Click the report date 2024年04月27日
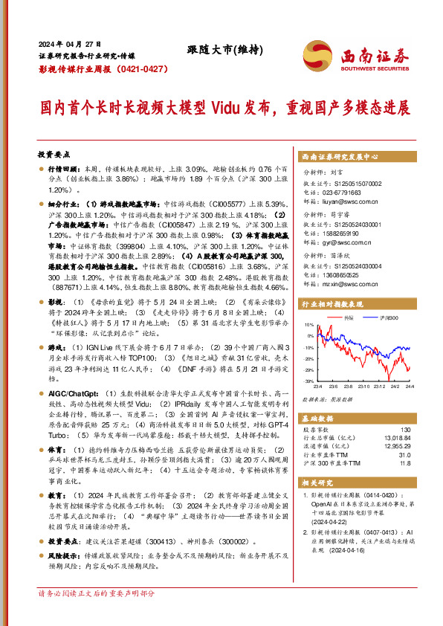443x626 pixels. coord(70,44)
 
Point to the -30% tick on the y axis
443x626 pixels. coord(308,381)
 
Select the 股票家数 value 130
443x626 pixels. coord(405,430)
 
